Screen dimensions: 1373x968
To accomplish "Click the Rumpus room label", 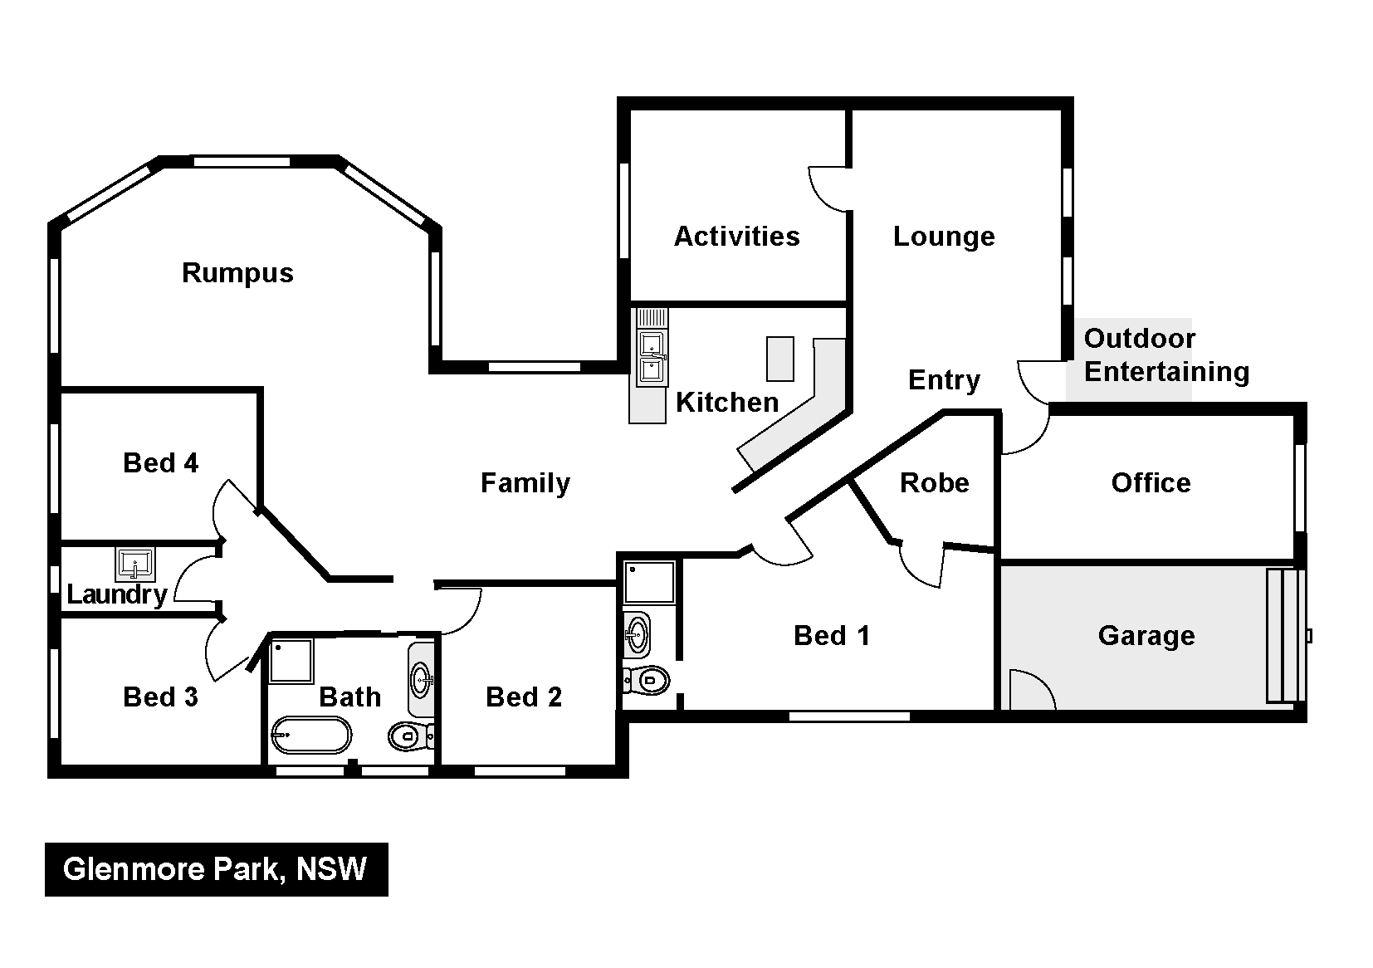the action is pyautogui.click(x=237, y=273).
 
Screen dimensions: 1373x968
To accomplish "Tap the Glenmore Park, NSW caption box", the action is pyautogui.click(x=217, y=869).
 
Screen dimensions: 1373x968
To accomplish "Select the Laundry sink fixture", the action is pyautogui.click(x=134, y=564).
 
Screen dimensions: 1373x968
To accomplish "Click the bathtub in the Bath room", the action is pyautogui.click(x=311, y=735).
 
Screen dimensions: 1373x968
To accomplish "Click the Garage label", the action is pyautogui.click(x=1146, y=636).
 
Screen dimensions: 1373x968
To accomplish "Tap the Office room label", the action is pyautogui.click(x=1151, y=483).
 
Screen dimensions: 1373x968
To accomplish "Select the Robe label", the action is pyautogui.click(x=935, y=483).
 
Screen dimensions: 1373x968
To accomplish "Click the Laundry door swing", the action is pyautogui.click(x=195, y=579).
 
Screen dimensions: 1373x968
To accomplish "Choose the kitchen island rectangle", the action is pyautogui.click(x=780, y=359).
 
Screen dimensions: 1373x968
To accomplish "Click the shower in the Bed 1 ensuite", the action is pyautogui.click(x=649, y=583).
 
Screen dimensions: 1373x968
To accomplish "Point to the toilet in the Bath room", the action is pyautogui.click(x=411, y=736).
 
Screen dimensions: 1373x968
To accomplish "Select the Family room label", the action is pyautogui.click(x=525, y=483).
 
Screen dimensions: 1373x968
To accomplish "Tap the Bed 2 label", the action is pyautogui.click(x=524, y=697).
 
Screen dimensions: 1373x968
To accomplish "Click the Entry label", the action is pyautogui.click(x=944, y=381).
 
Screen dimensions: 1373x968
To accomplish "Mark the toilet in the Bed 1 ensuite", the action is pyautogui.click(x=647, y=680).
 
